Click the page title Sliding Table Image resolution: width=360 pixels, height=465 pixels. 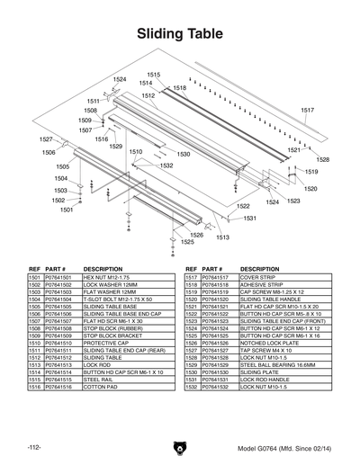coord(179,34)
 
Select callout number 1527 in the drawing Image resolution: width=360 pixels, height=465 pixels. coord(46,139)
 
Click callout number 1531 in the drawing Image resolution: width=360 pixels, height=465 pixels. coord(249,218)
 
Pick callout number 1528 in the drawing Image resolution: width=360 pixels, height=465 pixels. coord(322,159)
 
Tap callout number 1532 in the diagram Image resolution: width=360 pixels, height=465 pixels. coord(166,165)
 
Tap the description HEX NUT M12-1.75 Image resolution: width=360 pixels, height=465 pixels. coord(107,279)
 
